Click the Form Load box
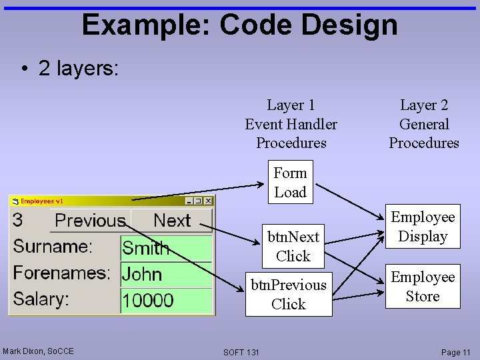[x=290, y=183]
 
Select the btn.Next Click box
[x=293, y=246]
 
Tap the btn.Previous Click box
[x=288, y=295]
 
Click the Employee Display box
[x=423, y=227]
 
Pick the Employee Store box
[x=423, y=287]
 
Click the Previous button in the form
[x=90, y=220]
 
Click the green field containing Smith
[x=166, y=249]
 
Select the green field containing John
[x=166, y=274]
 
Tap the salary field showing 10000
[x=166, y=300]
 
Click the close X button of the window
[x=208, y=201]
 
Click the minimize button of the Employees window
[x=189, y=201]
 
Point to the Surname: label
[x=53, y=247]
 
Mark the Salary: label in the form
[x=41, y=299]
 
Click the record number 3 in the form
[x=18, y=220]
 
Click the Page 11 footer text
[x=456, y=352]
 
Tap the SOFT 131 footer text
[x=241, y=352]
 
